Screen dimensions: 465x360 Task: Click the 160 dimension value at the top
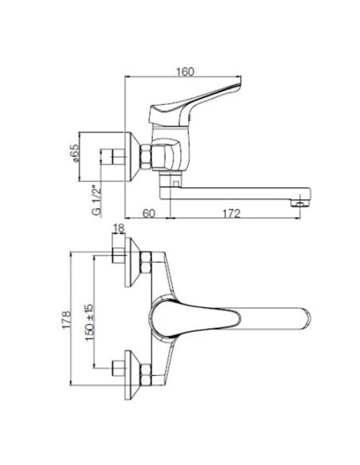(184, 71)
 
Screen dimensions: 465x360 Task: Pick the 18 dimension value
(119, 229)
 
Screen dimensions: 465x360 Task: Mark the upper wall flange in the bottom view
(133, 260)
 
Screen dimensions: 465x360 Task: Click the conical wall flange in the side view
(133, 156)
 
